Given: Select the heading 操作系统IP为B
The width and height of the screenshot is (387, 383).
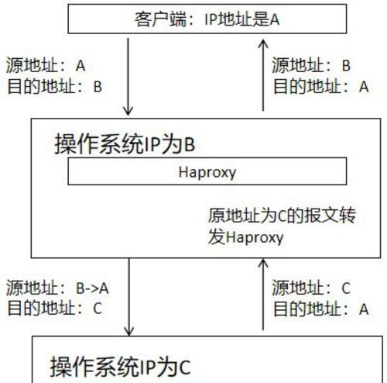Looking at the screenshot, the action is coord(125,144).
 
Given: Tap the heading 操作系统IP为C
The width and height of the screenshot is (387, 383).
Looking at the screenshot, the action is coord(121,367).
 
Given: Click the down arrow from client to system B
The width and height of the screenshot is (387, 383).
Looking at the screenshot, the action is coord(128,77).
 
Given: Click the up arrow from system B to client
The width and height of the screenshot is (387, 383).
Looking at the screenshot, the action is coord(263,75).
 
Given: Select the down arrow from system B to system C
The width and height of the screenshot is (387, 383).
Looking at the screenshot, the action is coord(129,297).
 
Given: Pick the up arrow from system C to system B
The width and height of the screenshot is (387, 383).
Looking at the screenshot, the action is coord(263,295).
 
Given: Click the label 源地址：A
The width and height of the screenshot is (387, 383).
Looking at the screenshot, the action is coord(46,65).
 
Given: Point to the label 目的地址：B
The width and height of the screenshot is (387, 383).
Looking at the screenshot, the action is coord(55,86).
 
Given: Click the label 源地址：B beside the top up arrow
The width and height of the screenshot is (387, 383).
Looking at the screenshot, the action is coord(311,65).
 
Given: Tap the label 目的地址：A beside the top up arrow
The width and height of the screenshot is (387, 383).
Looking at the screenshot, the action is coord(321,86).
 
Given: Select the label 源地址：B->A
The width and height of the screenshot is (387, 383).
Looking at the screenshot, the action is coord(57,288).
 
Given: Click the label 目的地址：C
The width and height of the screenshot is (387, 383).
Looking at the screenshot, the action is coord(55,309).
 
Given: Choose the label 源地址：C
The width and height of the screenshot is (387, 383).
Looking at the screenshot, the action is coord(311,288).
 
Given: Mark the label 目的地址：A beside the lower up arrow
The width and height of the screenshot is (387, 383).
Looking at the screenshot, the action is coord(321,309).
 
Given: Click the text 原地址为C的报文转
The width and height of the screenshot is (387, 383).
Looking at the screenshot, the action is coord(282,216).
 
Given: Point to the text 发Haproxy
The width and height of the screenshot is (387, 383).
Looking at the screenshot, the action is coord(246,237).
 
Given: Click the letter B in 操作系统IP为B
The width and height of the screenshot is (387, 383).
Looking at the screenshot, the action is coord(189,144).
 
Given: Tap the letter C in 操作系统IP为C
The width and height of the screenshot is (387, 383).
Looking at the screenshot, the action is coord(185,367).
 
